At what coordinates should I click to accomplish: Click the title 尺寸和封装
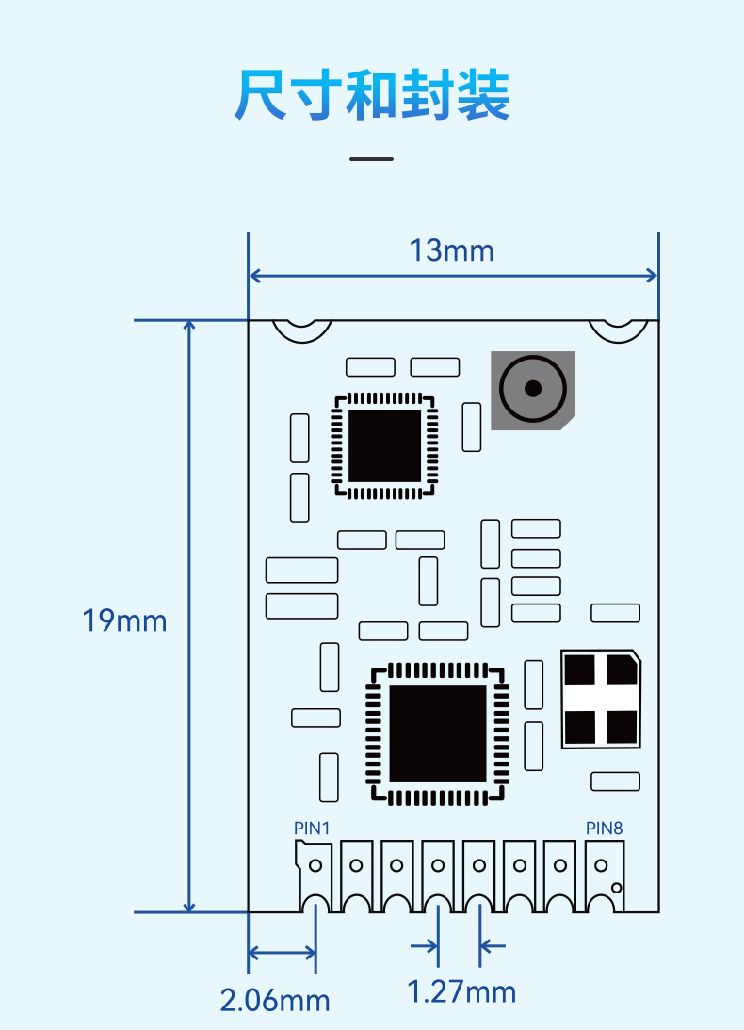pos(372,94)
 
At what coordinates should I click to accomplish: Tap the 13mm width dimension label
pos(451,251)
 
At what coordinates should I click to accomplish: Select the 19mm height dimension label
pos(124,620)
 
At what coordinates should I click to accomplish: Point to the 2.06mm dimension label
pos(275,1001)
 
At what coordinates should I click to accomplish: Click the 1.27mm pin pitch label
pos(461,992)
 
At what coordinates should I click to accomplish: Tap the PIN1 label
pos(312,829)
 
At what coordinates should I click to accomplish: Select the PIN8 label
pos(604,829)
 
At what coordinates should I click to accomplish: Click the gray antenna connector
pos(533,390)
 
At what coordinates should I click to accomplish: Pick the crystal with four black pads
pos(601,699)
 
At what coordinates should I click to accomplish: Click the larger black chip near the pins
pos(438,733)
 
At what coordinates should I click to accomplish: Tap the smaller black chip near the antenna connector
pos(384,446)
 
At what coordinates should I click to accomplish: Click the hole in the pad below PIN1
pos(315,865)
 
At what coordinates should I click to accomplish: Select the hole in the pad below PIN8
pos(601,865)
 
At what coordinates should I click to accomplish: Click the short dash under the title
pos(371,159)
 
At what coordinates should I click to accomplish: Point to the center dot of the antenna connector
pos(533,389)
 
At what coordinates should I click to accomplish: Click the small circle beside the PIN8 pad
pos(617,888)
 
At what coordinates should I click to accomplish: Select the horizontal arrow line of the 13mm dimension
pos(454,276)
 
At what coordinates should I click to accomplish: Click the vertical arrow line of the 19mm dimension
pos(189,616)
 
